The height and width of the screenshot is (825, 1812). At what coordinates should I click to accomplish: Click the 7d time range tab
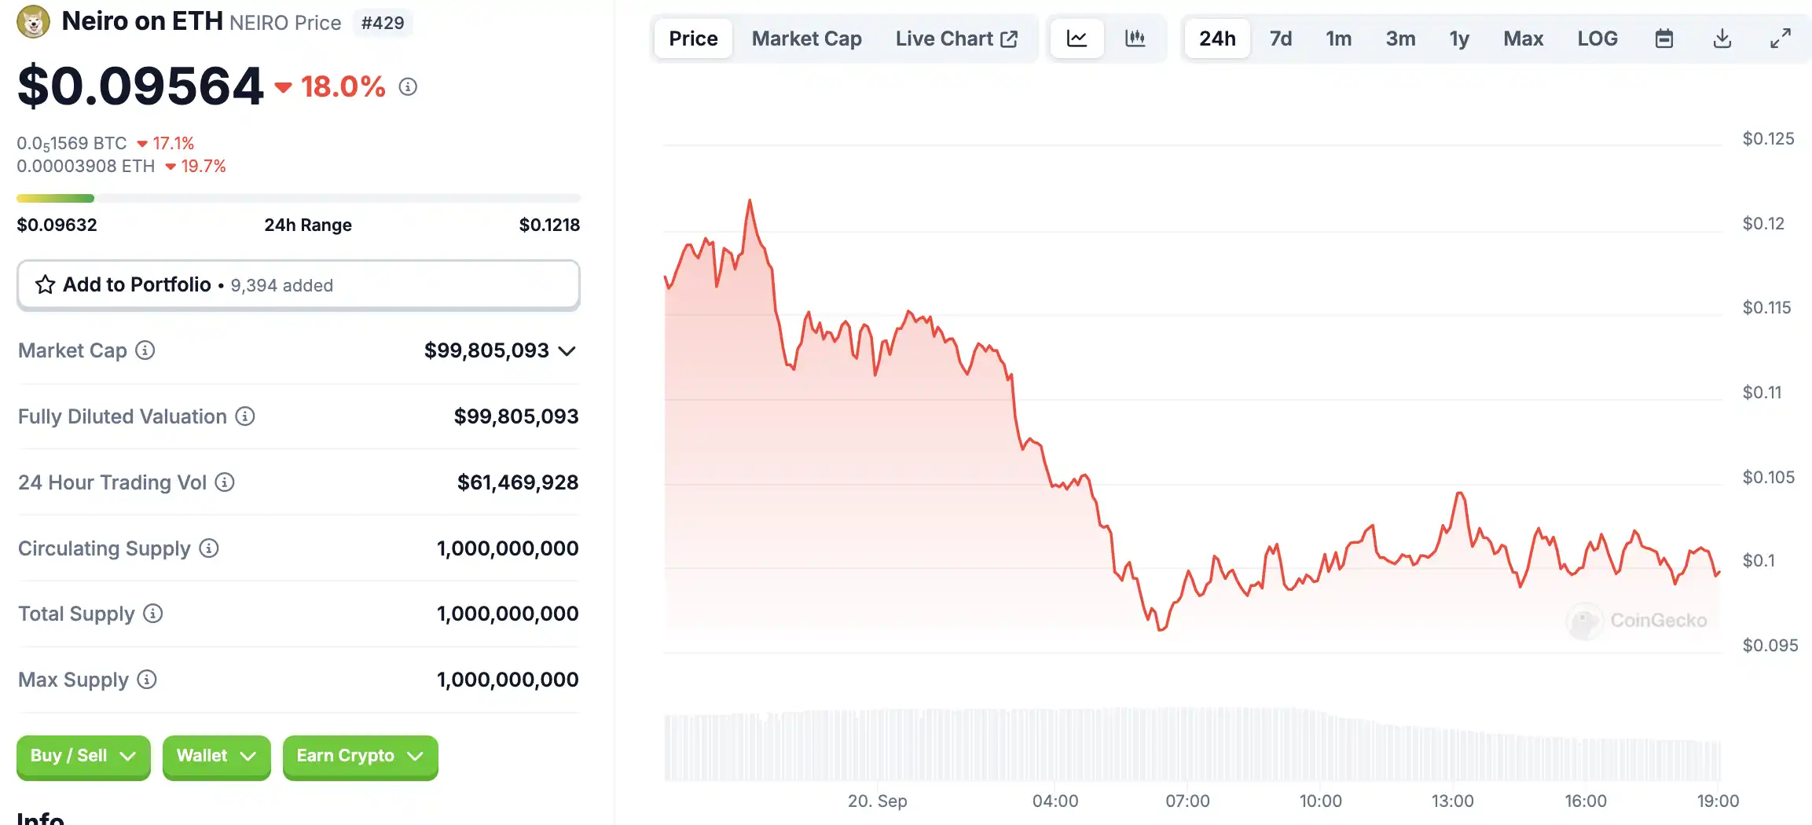[1280, 38]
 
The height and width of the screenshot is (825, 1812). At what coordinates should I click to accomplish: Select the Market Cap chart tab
[806, 38]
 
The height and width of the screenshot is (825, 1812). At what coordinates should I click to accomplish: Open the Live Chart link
[956, 38]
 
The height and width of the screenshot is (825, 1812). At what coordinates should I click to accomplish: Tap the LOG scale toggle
[1597, 38]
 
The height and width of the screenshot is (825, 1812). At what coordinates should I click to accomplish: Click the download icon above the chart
[1722, 38]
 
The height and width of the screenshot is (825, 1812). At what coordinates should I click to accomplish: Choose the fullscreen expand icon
[1780, 38]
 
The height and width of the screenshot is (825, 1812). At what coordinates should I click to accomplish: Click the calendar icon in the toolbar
[1663, 38]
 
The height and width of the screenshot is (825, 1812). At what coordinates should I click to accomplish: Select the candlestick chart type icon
[1135, 38]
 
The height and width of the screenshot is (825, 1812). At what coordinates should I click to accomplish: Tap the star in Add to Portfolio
[46, 284]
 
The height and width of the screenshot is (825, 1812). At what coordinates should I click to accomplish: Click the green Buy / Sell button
[83, 756]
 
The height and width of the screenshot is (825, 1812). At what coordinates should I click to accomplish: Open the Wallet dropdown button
[216, 756]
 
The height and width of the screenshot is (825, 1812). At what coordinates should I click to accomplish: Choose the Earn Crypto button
[360, 756]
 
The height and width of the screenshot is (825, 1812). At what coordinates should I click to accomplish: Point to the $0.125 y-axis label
[1768, 139]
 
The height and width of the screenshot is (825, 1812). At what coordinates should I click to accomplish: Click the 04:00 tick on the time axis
[1055, 801]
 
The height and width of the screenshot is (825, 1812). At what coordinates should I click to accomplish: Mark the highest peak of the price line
[750, 201]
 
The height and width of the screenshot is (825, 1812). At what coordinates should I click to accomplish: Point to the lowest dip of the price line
[1161, 629]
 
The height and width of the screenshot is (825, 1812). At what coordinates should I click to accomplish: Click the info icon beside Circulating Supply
[208, 548]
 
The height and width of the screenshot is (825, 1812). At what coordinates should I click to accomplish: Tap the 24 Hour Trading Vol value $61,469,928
[517, 482]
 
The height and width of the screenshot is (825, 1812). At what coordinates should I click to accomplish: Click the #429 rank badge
[383, 23]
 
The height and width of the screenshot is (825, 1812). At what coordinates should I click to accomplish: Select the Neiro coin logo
[33, 22]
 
